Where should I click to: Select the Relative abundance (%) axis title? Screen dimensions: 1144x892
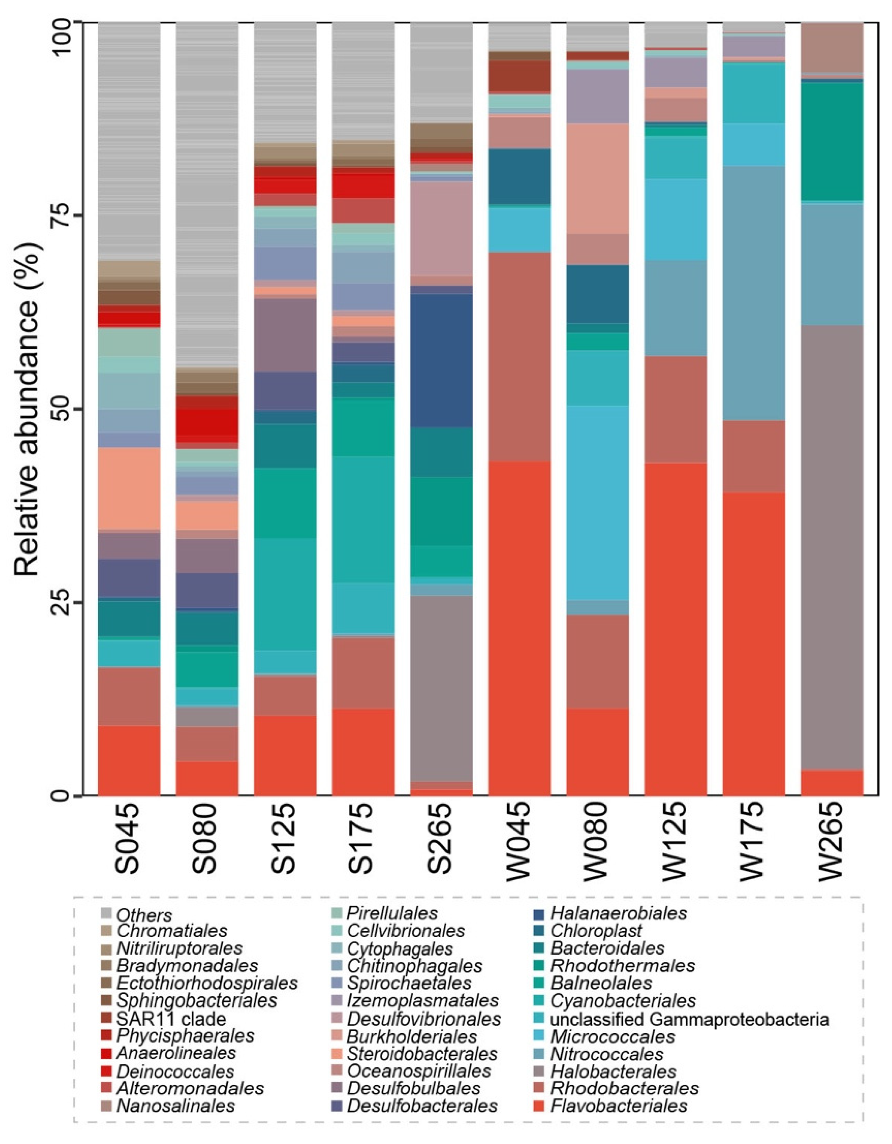(27, 409)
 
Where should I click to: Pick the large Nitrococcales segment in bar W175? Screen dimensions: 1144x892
(754, 293)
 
